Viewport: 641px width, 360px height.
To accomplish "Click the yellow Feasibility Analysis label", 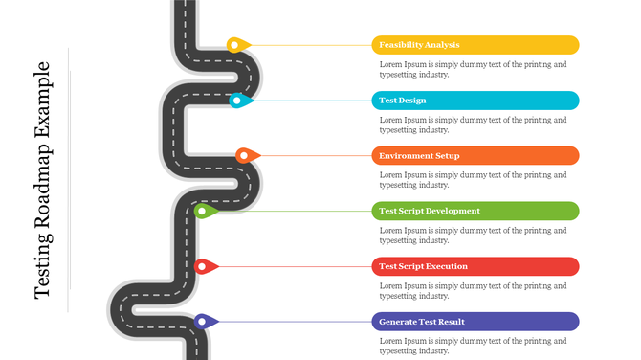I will [x=475, y=45].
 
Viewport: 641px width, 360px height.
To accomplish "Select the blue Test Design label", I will [x=475, y=101].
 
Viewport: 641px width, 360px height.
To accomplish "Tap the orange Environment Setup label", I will [x=475, y=155].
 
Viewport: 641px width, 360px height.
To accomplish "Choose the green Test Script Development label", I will [x=475, y=211].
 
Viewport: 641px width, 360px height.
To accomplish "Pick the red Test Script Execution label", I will [x=475, y=266].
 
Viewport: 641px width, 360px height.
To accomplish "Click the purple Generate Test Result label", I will [x=475, y=322].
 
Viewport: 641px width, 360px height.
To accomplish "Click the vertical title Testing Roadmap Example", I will [x=43, y=180].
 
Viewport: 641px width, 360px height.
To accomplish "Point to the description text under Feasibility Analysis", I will [x=473, y=70].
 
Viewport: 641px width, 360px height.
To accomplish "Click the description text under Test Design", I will [x=473, y=124].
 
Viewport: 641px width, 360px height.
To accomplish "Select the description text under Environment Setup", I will [x=473, y=180].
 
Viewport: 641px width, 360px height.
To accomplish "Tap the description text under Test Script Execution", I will [x=473, y=290].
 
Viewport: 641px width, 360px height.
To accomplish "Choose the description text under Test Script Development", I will [x=473, y=235].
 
